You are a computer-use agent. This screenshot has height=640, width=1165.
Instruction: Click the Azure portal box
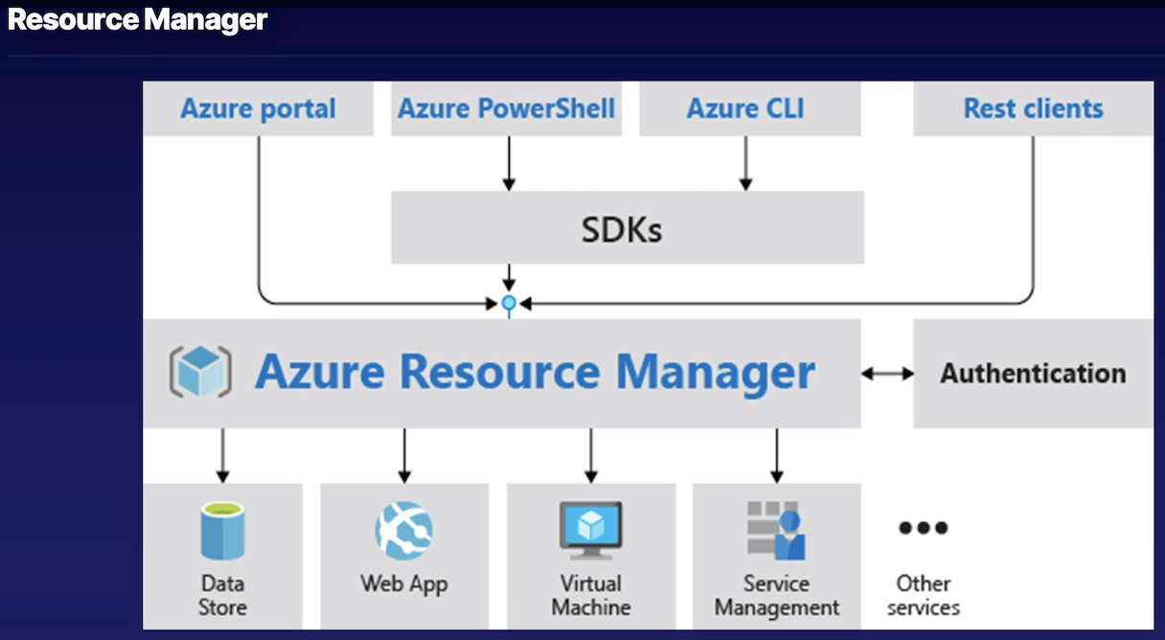coord(258,108)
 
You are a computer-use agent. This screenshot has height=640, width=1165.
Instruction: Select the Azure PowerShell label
coord(507,108)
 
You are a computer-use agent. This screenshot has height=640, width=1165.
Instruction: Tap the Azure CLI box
coord(745,108)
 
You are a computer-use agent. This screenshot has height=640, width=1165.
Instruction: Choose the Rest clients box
coord(1033,108)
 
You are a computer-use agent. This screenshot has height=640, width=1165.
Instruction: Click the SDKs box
coord(627,228)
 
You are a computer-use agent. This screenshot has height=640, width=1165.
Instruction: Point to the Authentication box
coord(1033,373)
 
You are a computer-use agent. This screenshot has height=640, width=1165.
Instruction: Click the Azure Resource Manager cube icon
coord(200,372)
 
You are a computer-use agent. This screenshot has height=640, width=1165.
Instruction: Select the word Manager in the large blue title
coord(715,372)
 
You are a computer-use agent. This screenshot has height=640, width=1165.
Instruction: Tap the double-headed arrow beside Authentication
coord(887,374)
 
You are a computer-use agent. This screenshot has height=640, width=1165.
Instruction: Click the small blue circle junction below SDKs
coord(510,304)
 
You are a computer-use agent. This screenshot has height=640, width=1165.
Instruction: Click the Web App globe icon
coord(403,530)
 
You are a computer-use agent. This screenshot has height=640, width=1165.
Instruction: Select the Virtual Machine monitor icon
coord(591,530)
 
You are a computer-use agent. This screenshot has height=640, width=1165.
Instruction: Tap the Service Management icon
coord(776,530)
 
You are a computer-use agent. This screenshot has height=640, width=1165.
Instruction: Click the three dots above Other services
coord(923,527)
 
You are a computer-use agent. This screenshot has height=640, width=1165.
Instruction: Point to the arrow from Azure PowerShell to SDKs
coord(510,163)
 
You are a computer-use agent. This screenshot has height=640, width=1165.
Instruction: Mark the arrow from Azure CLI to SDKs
coord(745,163)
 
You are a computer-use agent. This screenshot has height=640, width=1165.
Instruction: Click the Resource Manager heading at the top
coord(137,19)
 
